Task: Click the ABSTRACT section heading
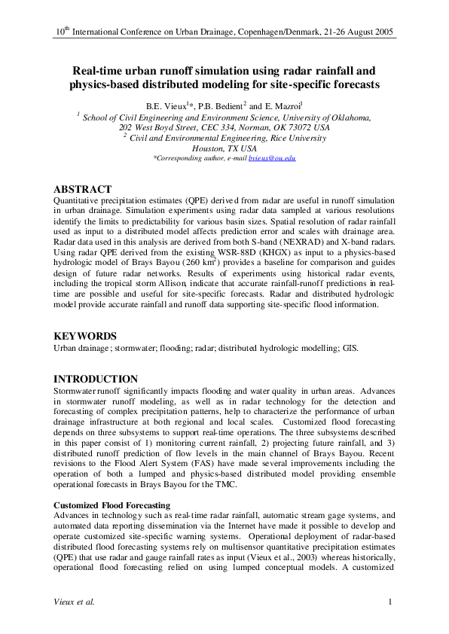(x=83, y=189)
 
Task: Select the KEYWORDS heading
(x=84, y=336)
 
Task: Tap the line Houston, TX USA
(x=225, y=148)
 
